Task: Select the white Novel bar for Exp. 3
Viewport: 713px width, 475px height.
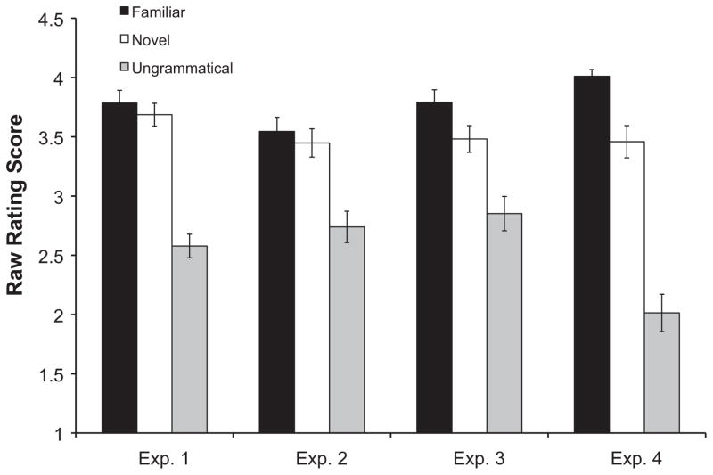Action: (x=469, y=285)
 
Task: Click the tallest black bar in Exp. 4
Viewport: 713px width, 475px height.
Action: (x=592, y=255)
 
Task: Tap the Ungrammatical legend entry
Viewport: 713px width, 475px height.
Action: (x=183, y=68)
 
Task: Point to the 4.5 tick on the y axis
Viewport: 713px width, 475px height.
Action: (x=49, y=20)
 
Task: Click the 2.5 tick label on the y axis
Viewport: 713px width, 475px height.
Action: (x=49, y=256)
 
